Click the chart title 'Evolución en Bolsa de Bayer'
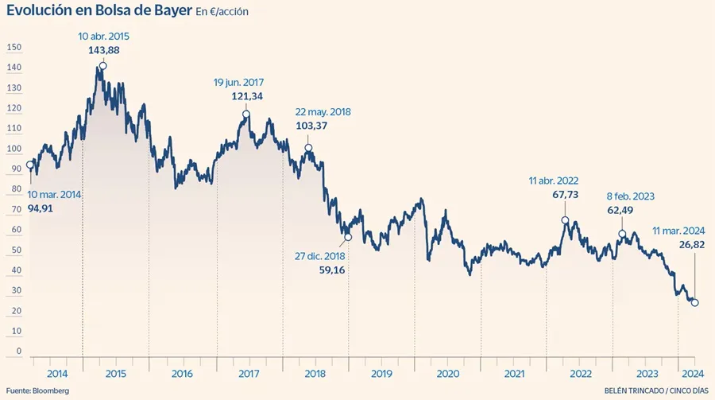(99, 14)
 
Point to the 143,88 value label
(104, 50)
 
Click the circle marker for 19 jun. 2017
(245, 114)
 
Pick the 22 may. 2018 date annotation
(323, 112)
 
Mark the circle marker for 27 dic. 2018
(347, 236)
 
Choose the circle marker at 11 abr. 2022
(565, 220)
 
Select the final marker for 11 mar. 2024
(695, 302)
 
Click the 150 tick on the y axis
(13, 48)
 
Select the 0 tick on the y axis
(18, 351)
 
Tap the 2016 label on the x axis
(182, 373)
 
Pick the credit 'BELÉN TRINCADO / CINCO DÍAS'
(655, 390)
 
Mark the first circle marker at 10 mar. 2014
(30, 165)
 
